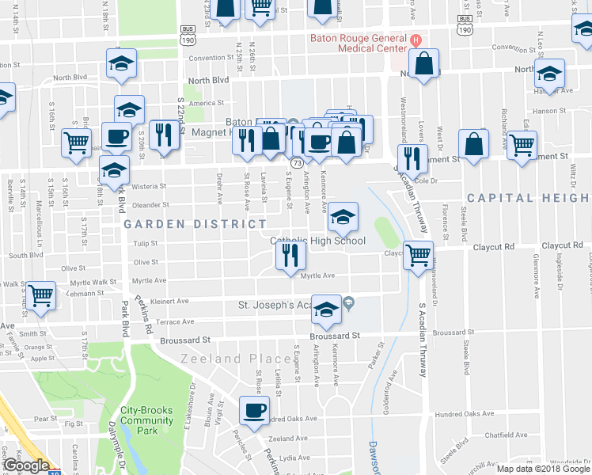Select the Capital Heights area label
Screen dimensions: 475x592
529,197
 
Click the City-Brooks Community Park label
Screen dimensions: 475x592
146,420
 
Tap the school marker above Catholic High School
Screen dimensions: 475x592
343,216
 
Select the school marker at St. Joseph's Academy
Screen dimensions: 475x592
324,310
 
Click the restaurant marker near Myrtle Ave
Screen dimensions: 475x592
290,255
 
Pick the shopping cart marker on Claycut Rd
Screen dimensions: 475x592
417,255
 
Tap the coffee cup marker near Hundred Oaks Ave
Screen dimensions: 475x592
254,411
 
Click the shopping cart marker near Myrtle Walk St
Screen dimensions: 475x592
40,296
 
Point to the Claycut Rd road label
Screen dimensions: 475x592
494,247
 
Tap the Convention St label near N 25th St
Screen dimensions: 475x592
207,58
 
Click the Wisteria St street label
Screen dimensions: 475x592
150,187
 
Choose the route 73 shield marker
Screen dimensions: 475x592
295,162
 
